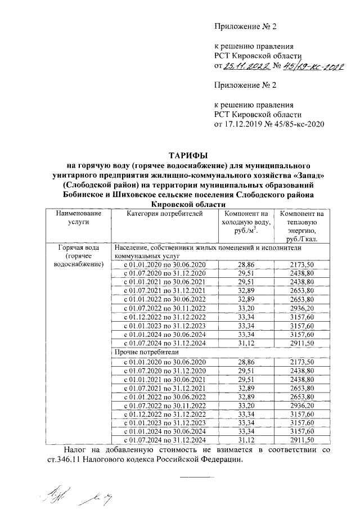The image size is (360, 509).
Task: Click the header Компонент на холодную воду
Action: pyautogui.click(x=245, y=222)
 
